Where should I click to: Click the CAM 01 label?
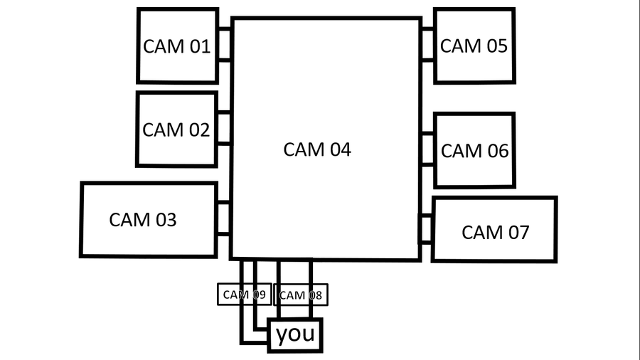tap(176, 47)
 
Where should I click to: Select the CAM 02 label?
tap(176, 130)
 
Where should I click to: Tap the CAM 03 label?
tap(142, 220)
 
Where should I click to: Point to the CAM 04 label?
tap(317, 150)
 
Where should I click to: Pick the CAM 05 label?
tap(474, 46)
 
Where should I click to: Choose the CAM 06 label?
tap(475, 151)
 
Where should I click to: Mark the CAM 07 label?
tap(496, 232)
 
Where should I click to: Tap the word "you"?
tap(295, 334)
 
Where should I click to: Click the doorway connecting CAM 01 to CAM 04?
tap(225, 45)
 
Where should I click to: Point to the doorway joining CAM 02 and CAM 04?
tap(225, 128)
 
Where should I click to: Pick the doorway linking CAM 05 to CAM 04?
tap(427, 45)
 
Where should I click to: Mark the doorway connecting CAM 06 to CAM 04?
tap(427, 149)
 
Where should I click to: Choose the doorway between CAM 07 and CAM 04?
tap(425, 228)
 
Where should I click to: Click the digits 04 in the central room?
tap(338, 150)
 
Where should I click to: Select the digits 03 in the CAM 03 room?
tap(164, 220)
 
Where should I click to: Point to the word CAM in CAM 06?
tap(461, 151)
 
